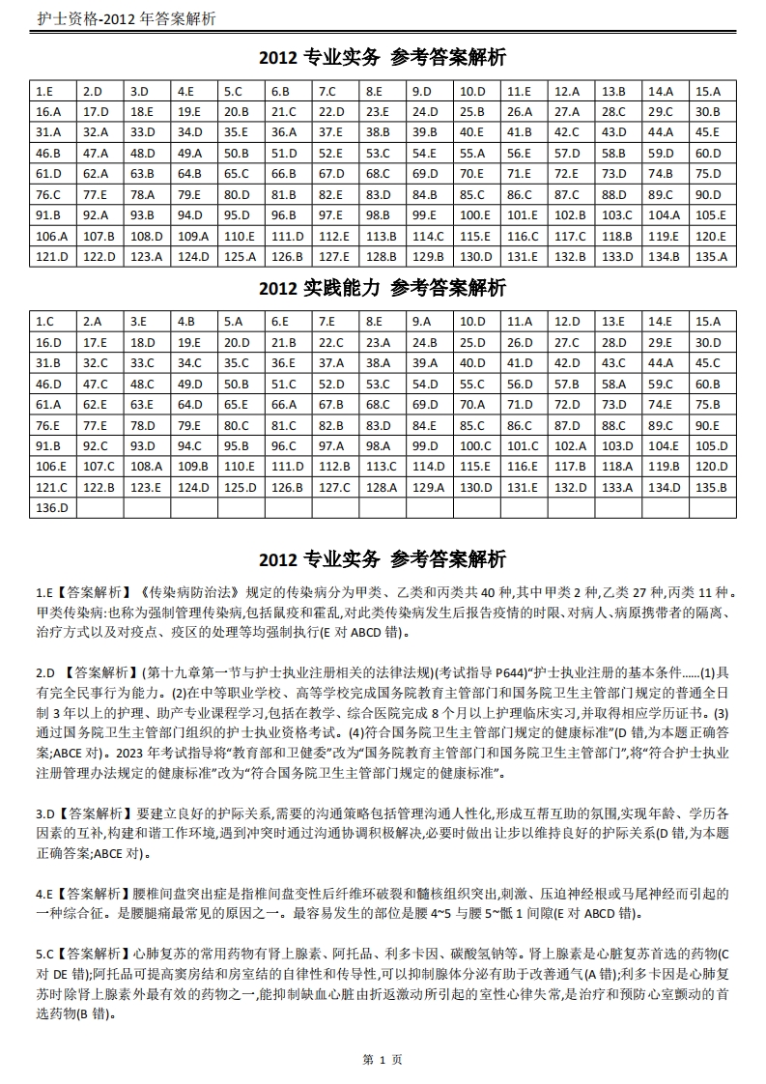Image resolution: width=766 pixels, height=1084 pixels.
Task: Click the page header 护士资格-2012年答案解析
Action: (x=126, y=19)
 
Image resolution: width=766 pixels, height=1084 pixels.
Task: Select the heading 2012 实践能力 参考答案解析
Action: (x=383, y=288)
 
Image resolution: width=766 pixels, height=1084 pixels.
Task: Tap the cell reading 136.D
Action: (x=52, y=508)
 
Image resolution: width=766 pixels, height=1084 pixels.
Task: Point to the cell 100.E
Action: (x=474, y=215)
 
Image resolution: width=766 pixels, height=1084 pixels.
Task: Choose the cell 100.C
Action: (x=474, y=446)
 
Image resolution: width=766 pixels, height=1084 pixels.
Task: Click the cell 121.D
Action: (x=52, y=257)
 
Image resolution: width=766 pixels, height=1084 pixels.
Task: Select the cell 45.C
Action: (x=708, y=363)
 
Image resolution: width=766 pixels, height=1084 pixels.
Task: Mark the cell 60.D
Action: (x=708, y=154)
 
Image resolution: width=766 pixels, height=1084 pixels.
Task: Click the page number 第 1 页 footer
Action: (x=383, y=1060)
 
